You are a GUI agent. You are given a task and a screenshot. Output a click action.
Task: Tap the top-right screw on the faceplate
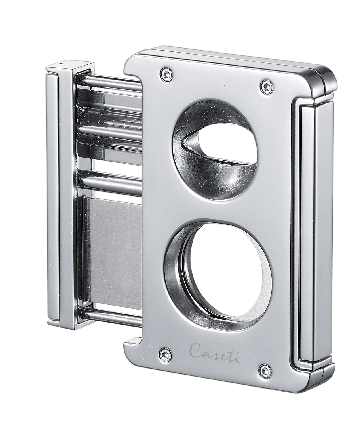tap(266, 85)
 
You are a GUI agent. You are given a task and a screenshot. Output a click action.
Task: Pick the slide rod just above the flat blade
tap(111, 182)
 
